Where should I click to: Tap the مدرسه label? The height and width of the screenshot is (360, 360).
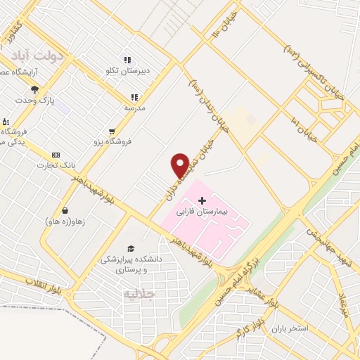[x=135, y=108]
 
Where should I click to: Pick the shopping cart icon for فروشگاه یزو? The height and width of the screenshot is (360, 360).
[x=112, y=131]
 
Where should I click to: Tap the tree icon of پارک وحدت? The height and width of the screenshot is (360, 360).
[x=34, y=89]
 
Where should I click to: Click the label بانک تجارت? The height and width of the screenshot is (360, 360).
[x=56, y=165]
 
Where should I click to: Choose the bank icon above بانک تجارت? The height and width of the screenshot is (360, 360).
[x=56, y=155]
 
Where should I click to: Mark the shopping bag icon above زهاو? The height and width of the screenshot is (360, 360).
[x=65, y=210]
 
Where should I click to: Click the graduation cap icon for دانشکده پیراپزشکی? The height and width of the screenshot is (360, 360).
[x=130, y=248]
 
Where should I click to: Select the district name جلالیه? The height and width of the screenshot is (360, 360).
[x=138, y=293]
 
